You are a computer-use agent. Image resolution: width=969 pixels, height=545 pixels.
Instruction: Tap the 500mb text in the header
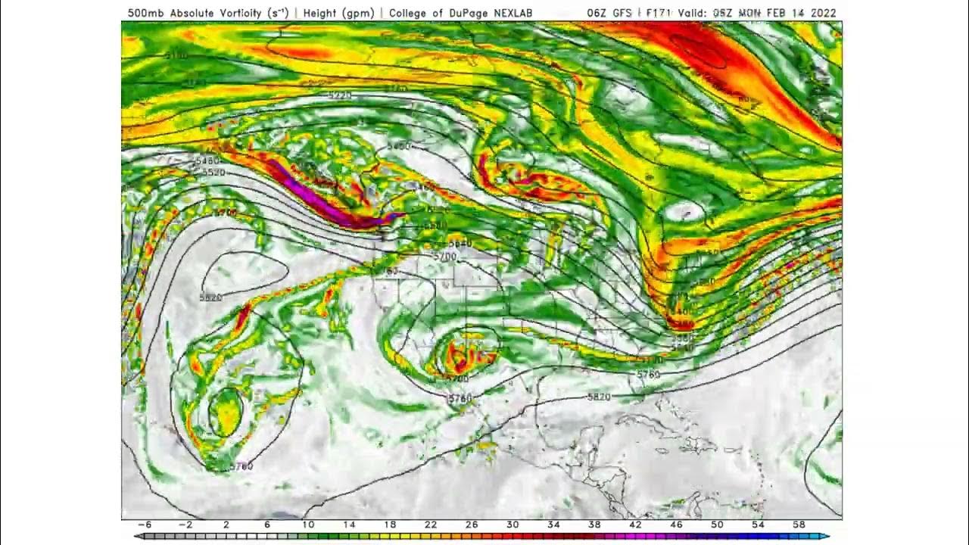pyautogui.click(x=142, y=13)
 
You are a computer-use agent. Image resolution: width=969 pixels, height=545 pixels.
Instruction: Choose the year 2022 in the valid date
pyautogui.click(x=821, y=13)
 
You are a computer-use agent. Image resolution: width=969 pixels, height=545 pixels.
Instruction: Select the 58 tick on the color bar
pyautogui.click(x=799, y=525)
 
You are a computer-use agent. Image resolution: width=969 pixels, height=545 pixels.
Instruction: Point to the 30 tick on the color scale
pyautogui.click(x=513, y=525)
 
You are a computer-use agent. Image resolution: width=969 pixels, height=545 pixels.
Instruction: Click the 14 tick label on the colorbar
pyautogui.click(x=348, y=525)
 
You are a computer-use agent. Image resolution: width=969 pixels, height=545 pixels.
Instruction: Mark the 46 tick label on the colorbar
pyautogui.click(x=676, y=525)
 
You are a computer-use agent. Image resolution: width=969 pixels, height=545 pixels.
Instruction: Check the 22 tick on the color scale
pyautogui.click(x=430, y=525)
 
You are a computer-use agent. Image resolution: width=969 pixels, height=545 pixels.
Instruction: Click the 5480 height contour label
pyautogui.click(x=207, y=161)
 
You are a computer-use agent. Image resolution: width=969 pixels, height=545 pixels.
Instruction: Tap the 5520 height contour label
pyautogui.click(x=213, y=173)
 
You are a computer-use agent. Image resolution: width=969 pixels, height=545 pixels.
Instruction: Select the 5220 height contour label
pyautogui.click(x=340, y=95)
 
